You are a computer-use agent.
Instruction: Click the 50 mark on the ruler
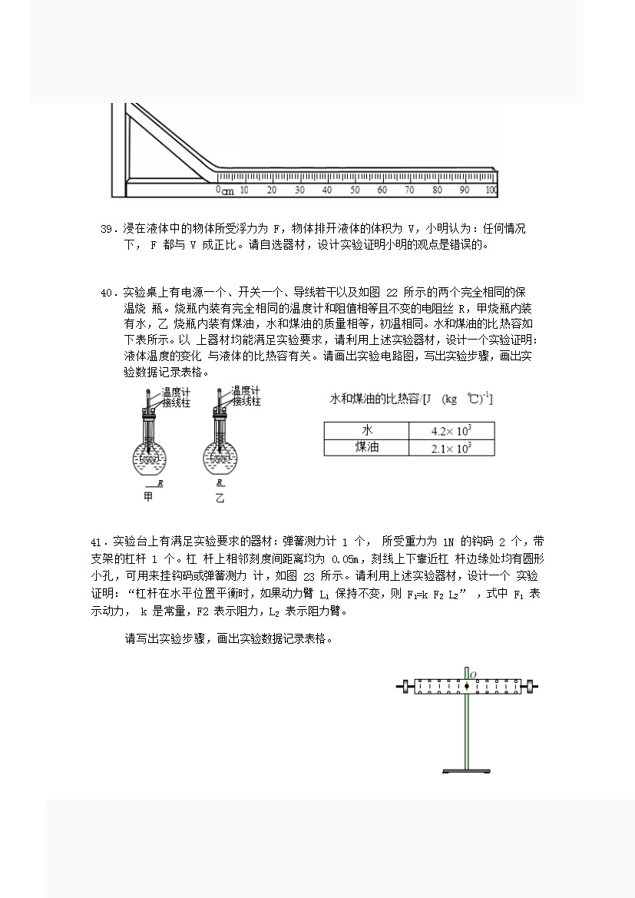pos(354,190)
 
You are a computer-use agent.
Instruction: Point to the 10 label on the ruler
pos(244,190)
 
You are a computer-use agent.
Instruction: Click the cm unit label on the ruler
pos(228,191)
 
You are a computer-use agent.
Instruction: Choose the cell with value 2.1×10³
pos(451,447)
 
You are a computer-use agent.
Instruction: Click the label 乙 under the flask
pos(220,498)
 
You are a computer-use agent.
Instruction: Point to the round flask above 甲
pos(150,456)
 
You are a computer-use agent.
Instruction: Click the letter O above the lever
pos(473,675)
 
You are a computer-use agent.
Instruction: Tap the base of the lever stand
pos(467,771)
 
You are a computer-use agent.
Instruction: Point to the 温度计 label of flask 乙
pos(246,391)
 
